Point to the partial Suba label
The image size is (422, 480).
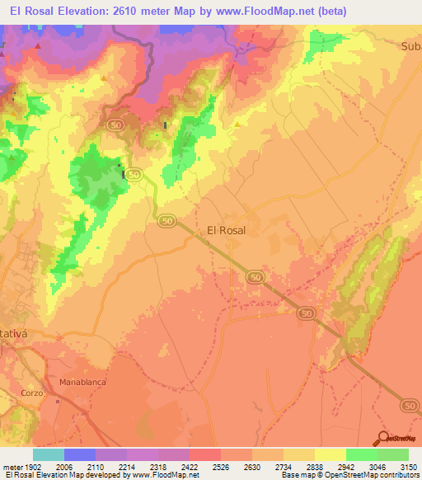(x=410, y=45)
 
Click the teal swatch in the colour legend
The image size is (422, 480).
(x=49, y=454)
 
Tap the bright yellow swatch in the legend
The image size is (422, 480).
(x=330, y=454)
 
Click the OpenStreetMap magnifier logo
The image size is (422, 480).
(x=384, y=438)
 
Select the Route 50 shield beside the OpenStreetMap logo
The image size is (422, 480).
(x=410, y=406)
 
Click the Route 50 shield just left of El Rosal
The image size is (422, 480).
(x=166, y=220)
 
